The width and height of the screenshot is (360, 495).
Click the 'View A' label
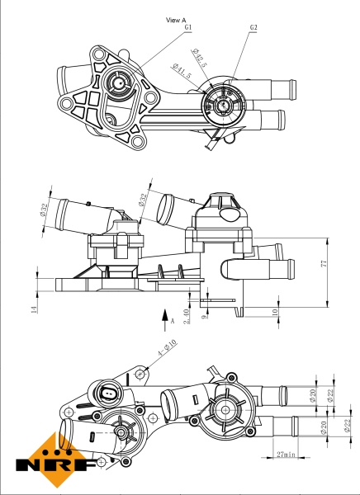pyautogui.click(x=177, y=19)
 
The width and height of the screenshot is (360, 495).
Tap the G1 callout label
pyautogui.click(x=188, y=27)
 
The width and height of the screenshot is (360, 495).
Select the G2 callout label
pyautogui.click(x=253, y=27)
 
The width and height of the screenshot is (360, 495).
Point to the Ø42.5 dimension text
pyautogui.click(x=199, y=59)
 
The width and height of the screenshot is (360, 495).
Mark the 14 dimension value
pyautogui.click(x=34, y=309)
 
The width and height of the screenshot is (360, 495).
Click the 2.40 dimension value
pyautogui.click(x=187, y=313)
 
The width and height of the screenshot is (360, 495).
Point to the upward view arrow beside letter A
pyautogui.click(x=163, y=314)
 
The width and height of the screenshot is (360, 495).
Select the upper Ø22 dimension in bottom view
pyautogui.click(x=329, y=397)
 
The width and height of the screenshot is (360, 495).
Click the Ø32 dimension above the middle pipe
pyautogui.click(x=141, y=200)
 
